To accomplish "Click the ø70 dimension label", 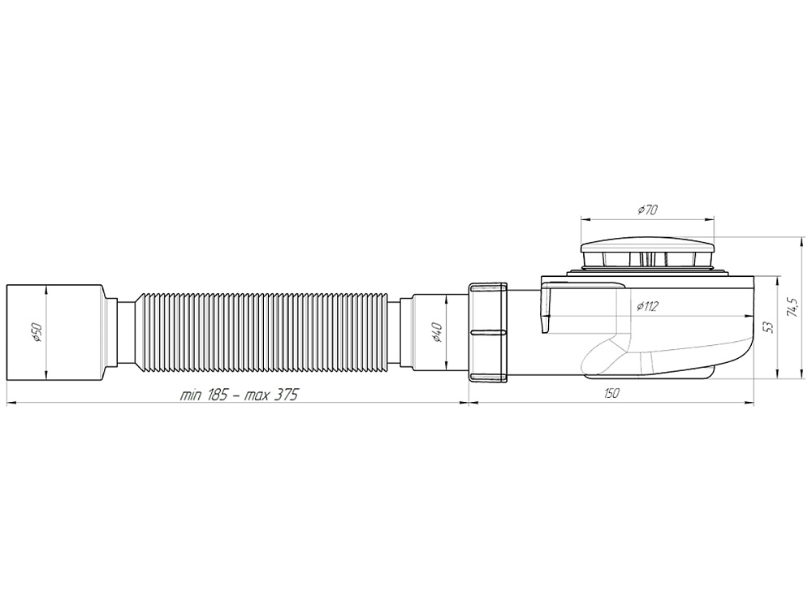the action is click(647, 209).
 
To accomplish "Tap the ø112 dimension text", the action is click(647, 305).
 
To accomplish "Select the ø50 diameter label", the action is click(38, 331).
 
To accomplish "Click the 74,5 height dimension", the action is click(790, 307).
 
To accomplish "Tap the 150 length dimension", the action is click(611, 394).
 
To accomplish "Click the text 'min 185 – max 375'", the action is click(240, 395).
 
